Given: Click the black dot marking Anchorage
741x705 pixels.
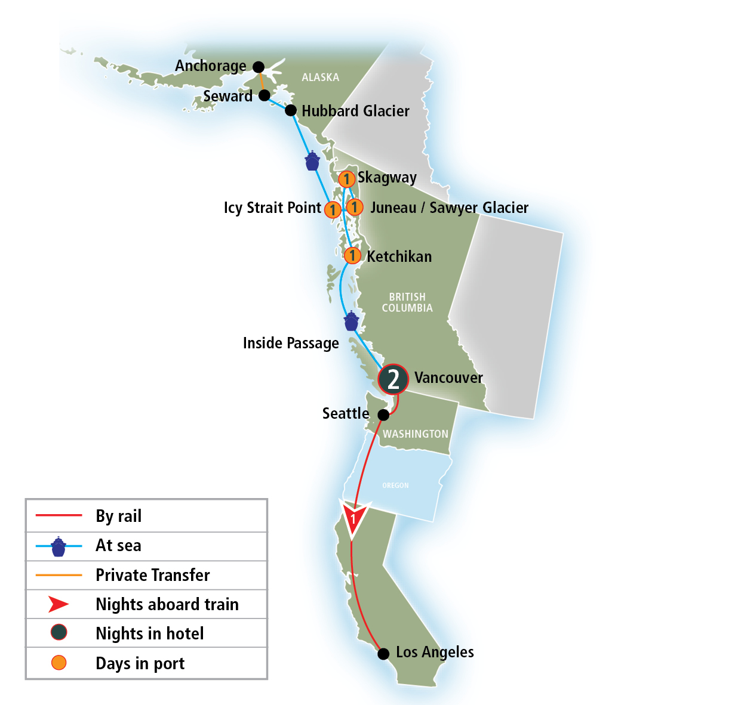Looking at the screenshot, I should coord(259,67).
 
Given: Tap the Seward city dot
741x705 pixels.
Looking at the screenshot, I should coord(265,95).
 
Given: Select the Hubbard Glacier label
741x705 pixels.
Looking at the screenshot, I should coord(355,111).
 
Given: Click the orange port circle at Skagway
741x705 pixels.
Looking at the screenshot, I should coord(346,179).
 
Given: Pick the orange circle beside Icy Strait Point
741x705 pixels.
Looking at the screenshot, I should coord(333,209).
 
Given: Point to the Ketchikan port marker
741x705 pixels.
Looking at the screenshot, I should coord(352,256).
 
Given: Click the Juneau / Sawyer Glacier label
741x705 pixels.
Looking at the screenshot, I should coord(449,208).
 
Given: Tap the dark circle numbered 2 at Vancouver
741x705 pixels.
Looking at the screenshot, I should coord(393,379).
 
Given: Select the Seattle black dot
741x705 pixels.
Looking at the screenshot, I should coord(384,415).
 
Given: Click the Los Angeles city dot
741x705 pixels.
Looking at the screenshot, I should coord(383,654).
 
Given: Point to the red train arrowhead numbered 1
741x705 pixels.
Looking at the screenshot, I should coord(353,517).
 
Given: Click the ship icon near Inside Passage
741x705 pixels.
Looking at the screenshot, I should coord(351,321).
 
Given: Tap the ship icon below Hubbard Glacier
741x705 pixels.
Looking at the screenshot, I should coord(312,160).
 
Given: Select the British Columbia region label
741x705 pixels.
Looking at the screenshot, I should coord(407,302).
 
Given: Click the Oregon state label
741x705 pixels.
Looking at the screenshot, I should coord(395,486).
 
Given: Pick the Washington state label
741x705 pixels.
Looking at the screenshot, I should coord(416,434).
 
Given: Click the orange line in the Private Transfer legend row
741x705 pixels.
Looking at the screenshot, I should coord(59,575).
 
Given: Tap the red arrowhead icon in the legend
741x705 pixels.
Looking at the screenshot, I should coord(58,604).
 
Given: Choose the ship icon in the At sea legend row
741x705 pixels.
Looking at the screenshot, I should coord(58,546).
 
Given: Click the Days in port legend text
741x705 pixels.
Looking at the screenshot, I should coord(140,663).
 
